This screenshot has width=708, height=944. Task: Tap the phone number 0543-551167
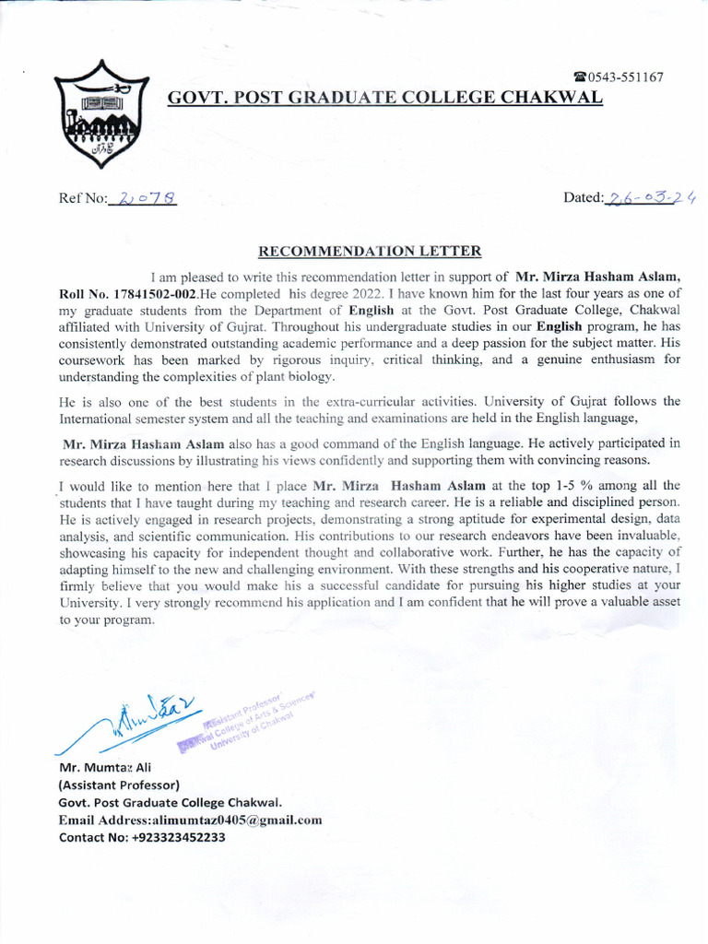tap(626, 77)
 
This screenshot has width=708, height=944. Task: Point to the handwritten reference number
tap(143, 197)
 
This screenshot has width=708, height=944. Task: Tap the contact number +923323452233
tap(172, 837)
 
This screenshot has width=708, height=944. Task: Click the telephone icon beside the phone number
tap(580, 77)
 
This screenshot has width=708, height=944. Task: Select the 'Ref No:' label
tap(81, 198)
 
